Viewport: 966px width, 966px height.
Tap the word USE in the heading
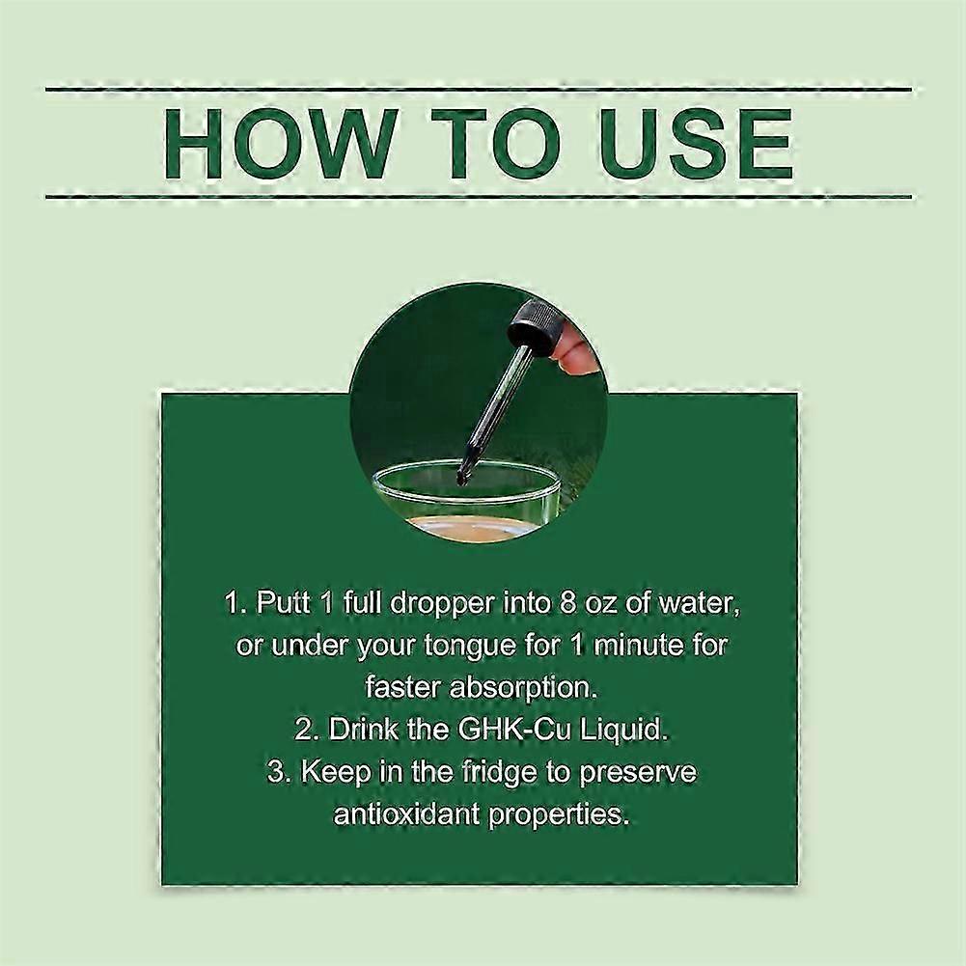click(696, 144)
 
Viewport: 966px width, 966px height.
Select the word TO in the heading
click(495, 144)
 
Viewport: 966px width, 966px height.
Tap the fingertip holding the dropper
click(579, 355)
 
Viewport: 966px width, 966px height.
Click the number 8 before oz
click(567, 602)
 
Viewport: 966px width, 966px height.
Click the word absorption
click(524, 688)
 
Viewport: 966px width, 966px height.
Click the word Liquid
click(625, 730)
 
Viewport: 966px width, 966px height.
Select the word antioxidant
click(406, 814)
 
